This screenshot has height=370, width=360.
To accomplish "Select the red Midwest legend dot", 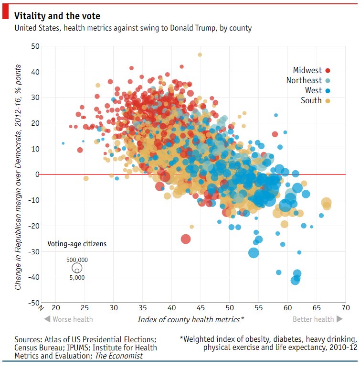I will coord(328,71).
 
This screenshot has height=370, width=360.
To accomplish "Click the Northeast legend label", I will coord(304,81).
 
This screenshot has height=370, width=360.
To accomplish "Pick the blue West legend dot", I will coord(328,91).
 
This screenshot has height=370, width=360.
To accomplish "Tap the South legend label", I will coord(311,100).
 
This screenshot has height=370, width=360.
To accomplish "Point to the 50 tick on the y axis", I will coord(34,46).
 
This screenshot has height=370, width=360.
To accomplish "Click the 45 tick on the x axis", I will coord(201,307).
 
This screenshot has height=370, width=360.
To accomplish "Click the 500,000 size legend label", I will coord(77,260).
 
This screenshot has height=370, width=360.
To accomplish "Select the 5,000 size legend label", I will coord(77,277).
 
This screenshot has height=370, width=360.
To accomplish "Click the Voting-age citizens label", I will coord(77,244).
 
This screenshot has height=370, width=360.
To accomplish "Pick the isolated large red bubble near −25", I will coord(186,239).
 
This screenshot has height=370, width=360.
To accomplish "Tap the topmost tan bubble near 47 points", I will coord(200,54).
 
